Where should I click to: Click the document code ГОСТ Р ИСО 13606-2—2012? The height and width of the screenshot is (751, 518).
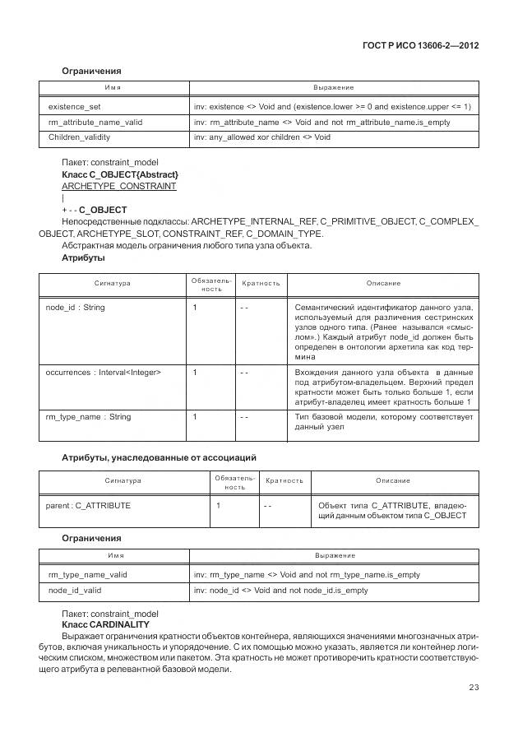coord(420,45)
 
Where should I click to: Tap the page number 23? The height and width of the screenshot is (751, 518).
coord(474,688)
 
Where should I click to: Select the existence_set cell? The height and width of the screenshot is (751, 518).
coord(74,107)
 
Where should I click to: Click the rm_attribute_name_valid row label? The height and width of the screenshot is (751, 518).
coord(95,122)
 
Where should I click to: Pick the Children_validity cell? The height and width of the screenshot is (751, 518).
coord(79,137)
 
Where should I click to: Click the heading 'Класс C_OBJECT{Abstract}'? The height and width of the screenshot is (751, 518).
coord(120,175)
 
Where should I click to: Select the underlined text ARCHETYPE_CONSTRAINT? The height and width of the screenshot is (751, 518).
coord(119,187)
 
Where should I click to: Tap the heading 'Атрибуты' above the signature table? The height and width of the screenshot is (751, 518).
coord(83,257)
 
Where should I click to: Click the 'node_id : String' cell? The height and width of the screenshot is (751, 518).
coord(76,307)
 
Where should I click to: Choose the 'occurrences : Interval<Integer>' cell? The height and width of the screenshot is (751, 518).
coord(104,373)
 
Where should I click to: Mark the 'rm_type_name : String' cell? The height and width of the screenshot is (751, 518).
coord(89,417)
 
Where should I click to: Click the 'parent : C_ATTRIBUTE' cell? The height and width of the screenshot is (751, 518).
coord(89,504)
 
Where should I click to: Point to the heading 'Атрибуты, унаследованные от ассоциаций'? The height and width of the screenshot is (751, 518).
coord(160,457)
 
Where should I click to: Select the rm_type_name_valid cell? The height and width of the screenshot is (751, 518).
coord(88,575)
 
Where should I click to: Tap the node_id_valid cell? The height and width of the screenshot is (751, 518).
coord(76,590)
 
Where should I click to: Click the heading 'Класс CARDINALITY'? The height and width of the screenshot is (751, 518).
coord(105,624)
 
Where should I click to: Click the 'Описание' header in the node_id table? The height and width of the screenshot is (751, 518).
coord(383,283)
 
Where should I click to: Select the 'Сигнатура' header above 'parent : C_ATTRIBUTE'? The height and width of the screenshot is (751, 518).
coord(123,480)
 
